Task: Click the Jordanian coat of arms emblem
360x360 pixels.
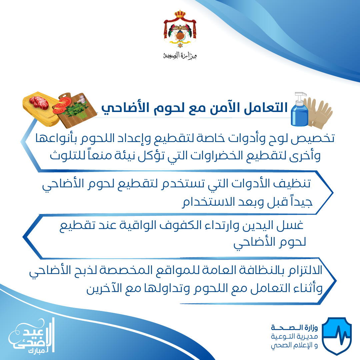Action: pyautogui.click(x=180, y=29)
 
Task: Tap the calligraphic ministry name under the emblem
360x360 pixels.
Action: pyautogui.click(x=180, y=55)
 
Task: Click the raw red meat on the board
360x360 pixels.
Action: pyautogui.click(x=39, y=102)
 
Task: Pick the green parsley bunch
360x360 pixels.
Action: pyautogui.click(x=76, y=110)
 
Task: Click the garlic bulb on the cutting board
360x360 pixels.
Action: pyautogui.click(x=82, y=99)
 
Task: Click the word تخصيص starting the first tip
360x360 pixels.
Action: pyautogui.click(x=313, y=138)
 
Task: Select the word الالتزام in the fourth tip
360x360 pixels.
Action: pyautogui.click(x=303, y=270)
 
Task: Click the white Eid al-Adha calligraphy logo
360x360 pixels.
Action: pyautogui.click(x=32, y=336)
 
